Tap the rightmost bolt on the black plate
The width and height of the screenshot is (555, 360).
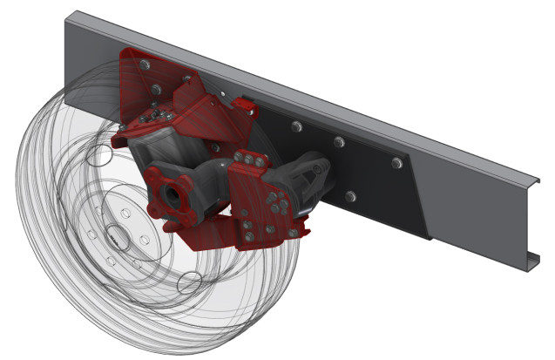pyautogui.click(x=396, y=162)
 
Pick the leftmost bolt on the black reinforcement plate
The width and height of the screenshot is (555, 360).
pyautogui.click(x=296, y=127)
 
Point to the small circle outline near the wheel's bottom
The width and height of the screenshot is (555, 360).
pyautogui.click(x=190, y=282)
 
